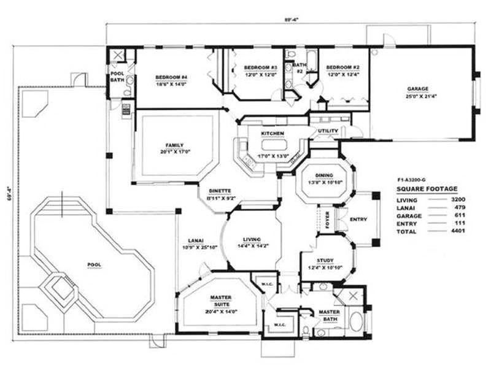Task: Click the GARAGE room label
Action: click(417, 88)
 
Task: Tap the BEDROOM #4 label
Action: click(171, 77)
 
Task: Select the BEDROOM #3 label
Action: click(261, 67)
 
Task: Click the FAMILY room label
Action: click(174, 145)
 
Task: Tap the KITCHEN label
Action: click(272, 133)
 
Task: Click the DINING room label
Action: click(323, 175)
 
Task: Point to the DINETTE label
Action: click(219, 191)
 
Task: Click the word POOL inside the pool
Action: click(94, 264)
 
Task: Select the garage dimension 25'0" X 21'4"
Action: click(417, 96)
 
